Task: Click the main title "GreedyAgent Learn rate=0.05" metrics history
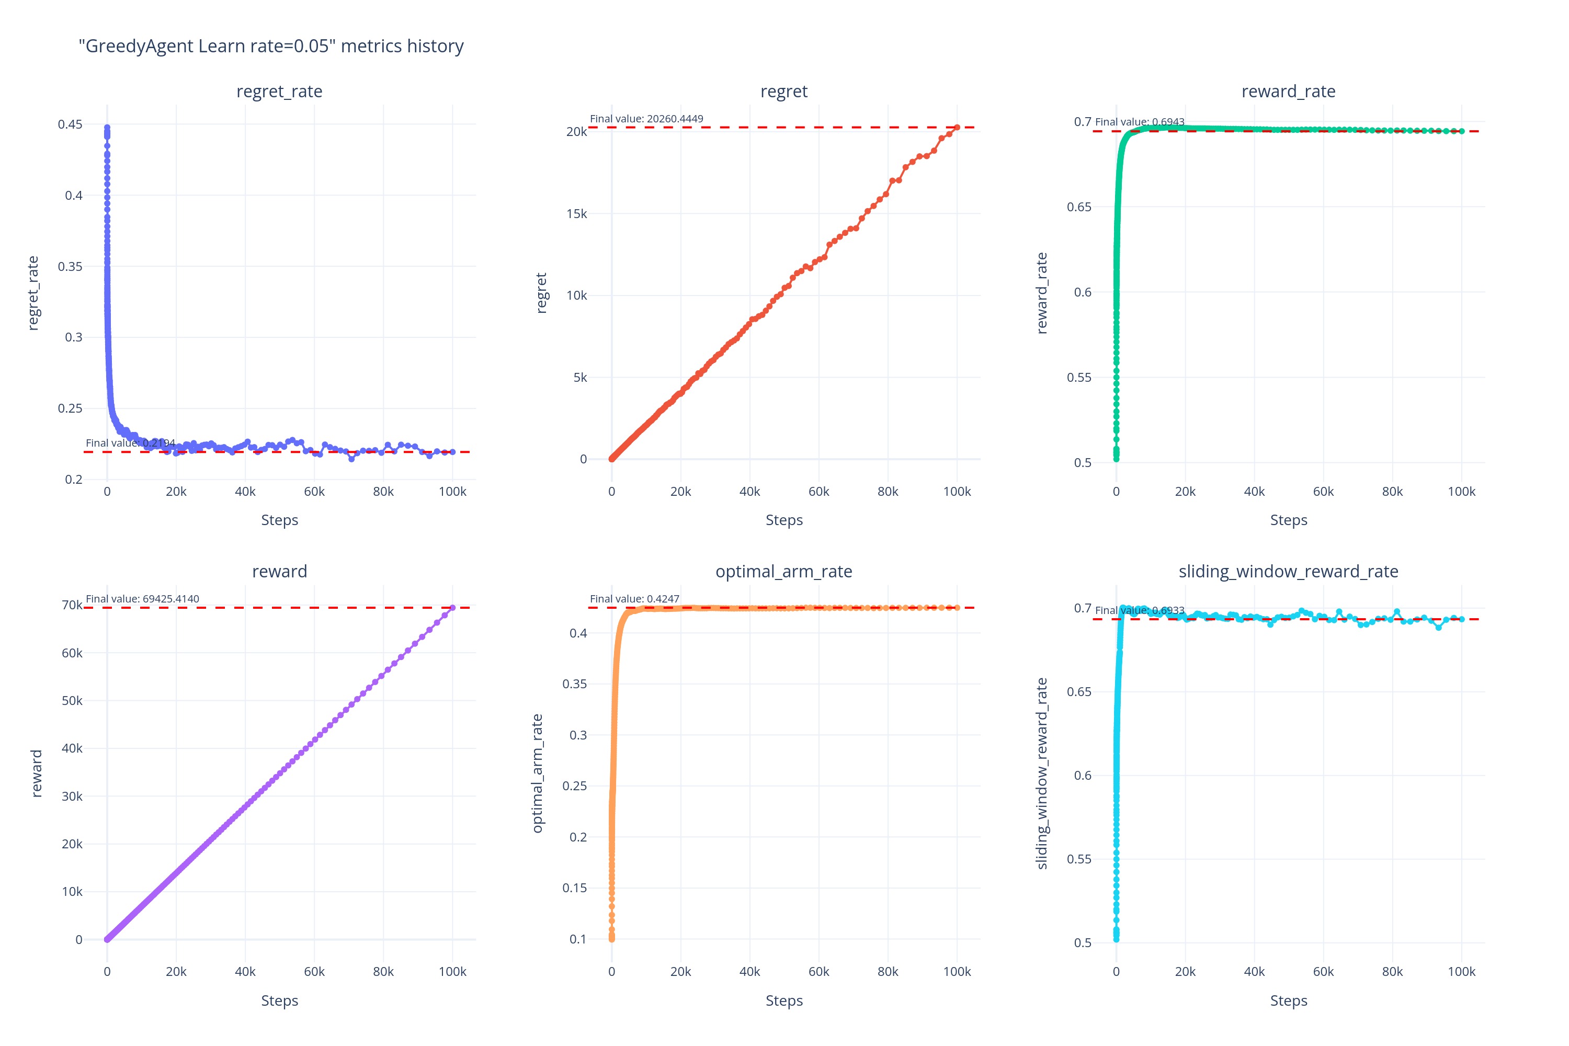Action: (271, 46)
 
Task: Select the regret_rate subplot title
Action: (279, 92)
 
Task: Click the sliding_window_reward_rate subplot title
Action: (1288, 572)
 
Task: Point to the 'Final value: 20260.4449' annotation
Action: (646, 119)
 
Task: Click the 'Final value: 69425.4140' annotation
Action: (142, 599)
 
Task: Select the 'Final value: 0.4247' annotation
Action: (634, 599)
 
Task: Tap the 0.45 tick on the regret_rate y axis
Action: (70, 124)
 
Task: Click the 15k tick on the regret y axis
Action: (576, 213)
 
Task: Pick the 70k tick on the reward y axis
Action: (72, 605)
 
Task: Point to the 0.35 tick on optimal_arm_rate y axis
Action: (574, 684)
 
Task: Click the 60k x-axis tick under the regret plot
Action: (818, 492)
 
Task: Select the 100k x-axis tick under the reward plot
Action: (452, 972)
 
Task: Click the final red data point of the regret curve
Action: (957, 128)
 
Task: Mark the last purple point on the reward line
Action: (452, 608)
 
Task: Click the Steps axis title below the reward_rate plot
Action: (1288, 520)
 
